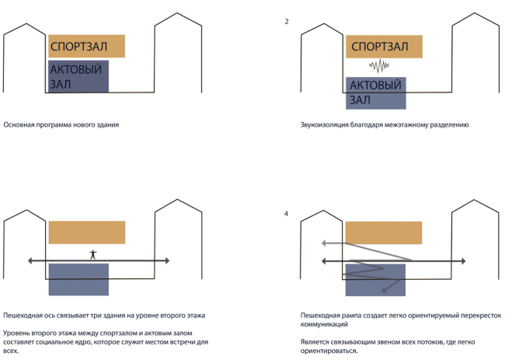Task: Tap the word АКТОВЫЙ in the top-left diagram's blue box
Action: coord(76,70)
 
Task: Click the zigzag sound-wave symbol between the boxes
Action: coord(378,65)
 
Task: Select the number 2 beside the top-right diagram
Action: coord(287,21)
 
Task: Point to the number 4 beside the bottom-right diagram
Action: coord(287,212)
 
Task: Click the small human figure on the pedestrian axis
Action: coord(92,253)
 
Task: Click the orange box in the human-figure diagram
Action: coord(86,232)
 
